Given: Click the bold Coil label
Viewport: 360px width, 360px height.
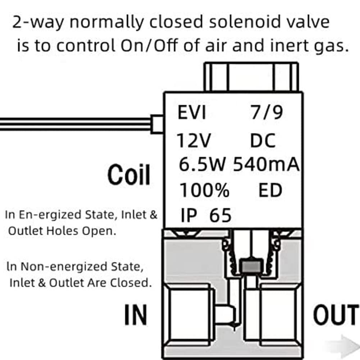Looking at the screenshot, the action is tap(129, 175).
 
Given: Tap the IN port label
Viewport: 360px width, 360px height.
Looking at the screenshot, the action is tap(136, 315).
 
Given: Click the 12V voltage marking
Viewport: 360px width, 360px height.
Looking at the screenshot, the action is tap(193, 140).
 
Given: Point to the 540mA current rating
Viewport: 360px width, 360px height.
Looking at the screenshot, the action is tap(266, 164).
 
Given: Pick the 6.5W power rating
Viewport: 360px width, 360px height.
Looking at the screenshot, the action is tap(202, 164).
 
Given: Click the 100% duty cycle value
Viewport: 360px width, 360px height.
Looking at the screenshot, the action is tap(204, 190).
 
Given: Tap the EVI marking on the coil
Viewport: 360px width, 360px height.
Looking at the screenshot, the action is tap(192, 112).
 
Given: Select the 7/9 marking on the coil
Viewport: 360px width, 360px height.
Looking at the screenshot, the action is tap(266, 112).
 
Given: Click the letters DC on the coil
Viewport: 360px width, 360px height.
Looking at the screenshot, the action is tap(263, 140).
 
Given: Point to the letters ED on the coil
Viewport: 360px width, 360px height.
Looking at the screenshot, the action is tap(270, 190).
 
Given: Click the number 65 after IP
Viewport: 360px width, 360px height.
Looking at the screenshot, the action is tap(220, 215).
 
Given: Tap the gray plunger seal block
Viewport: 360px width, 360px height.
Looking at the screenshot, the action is tap(251, 266).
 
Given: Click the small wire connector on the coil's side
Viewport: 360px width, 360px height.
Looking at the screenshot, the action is tap(157, 124).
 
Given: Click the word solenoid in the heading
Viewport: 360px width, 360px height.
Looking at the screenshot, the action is tap(245, 22).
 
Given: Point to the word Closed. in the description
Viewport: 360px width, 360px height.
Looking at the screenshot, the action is tap(131, 283).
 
